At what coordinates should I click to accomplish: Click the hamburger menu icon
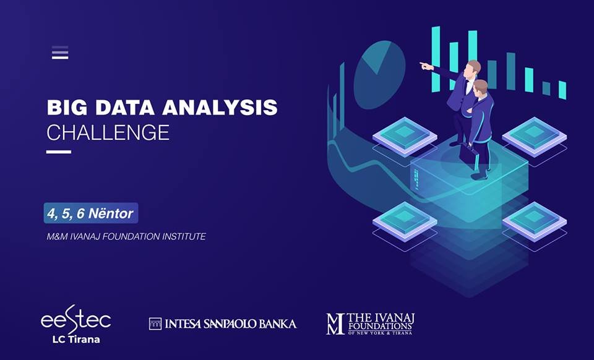60,53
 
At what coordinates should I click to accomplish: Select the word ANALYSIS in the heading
220,108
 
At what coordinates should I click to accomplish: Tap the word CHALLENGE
108,132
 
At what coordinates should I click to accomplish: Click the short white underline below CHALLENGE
59,152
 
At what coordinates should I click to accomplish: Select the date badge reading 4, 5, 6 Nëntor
91,213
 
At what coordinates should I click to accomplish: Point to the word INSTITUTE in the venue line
184,236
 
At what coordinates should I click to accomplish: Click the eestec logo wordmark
75,320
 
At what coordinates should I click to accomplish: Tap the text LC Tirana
76,339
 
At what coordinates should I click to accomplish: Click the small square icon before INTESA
155,324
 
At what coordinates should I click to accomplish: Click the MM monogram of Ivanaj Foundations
335,324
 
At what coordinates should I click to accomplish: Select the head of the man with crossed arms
480,87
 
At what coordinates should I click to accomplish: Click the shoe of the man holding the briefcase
479,176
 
